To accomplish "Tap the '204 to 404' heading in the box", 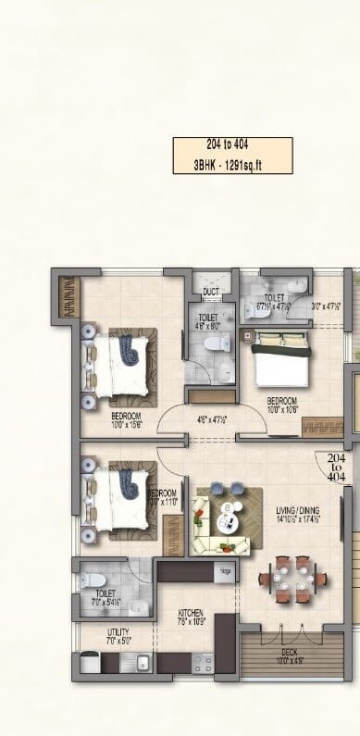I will (x=232, y=146).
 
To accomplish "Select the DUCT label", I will (x=210, y=293).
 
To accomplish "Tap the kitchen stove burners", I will (x=203, y=663).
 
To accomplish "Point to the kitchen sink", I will (x=142, y=662).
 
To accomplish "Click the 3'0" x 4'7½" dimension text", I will (x=327, y=306).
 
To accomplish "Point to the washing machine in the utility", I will (x=90, y=662).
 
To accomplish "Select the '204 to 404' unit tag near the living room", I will (x=336, y=467).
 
